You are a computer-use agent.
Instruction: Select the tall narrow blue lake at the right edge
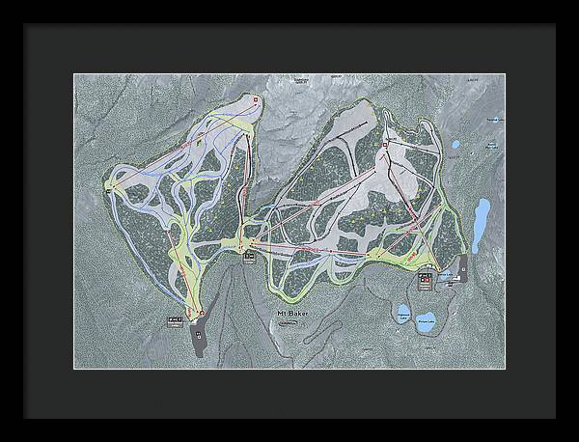pos(480,223)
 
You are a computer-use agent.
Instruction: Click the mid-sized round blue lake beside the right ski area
pos(455,146)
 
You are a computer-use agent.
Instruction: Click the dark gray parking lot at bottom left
pos(199,340)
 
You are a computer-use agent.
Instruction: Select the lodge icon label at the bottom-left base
pos(175,320)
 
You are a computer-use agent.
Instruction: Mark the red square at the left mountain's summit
pos(254,99)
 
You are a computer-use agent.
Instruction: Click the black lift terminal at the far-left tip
pos(108,188)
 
